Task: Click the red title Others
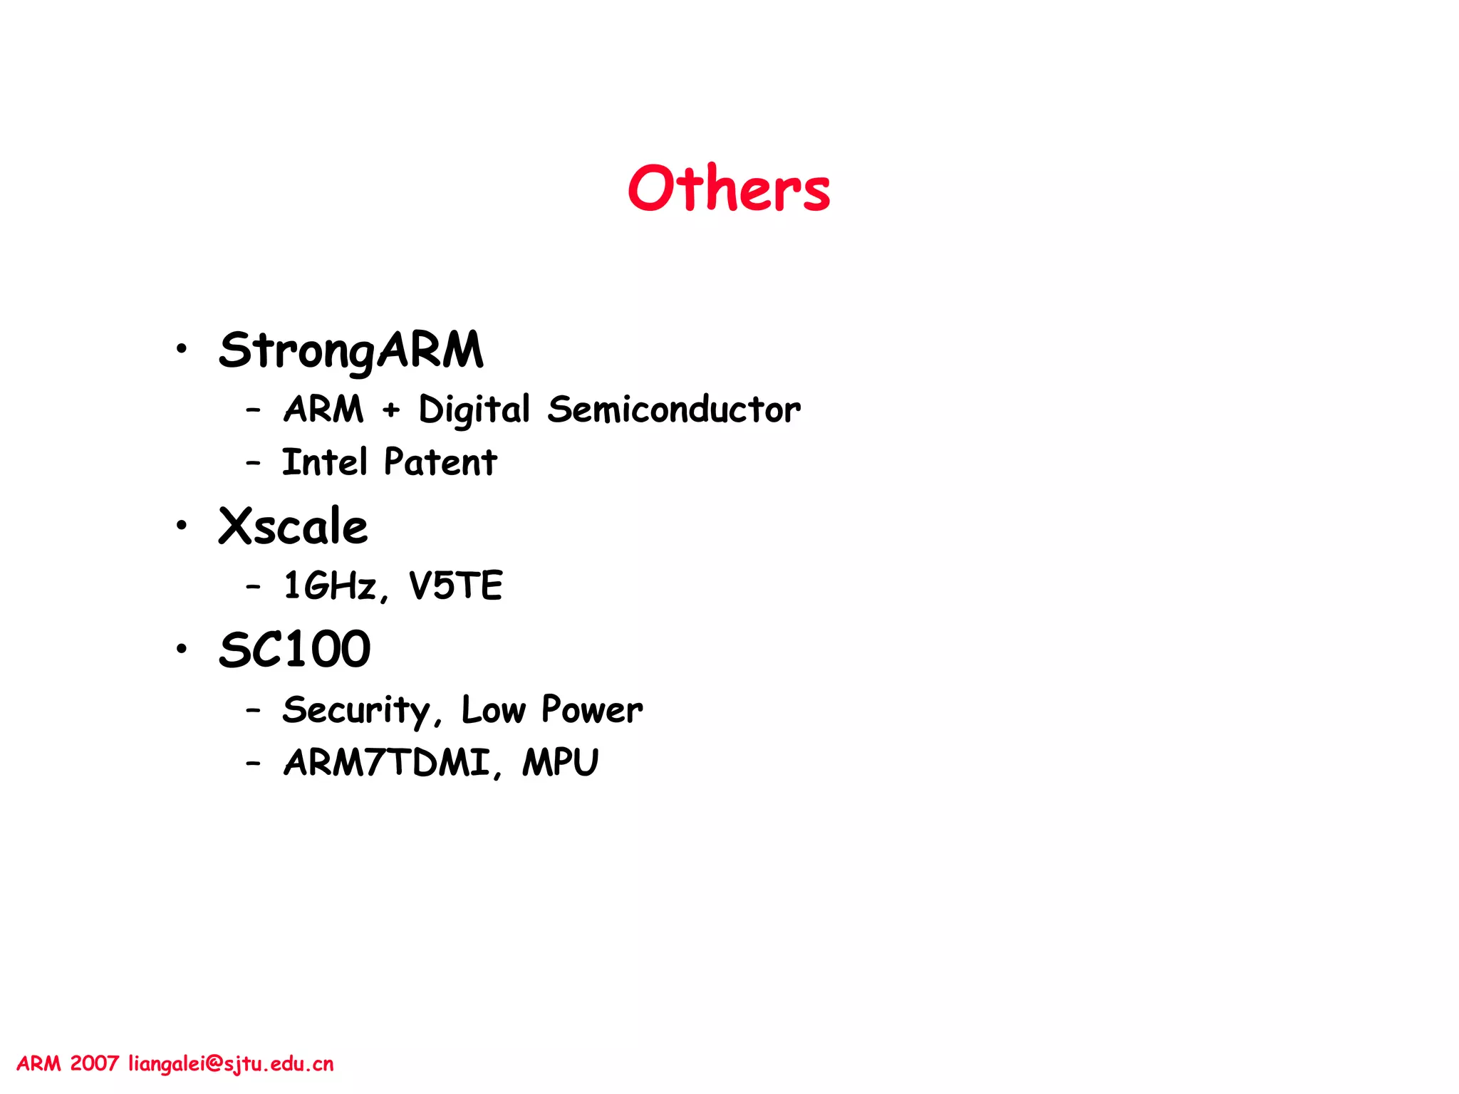coord(729,188)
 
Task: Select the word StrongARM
coord(351,350)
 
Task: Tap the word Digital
coord(474,410)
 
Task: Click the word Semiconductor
coord(674,410)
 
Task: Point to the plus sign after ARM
coord(391,410)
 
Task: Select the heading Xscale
coord(293,526)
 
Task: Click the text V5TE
coord(456,585)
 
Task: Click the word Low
coord(494,709)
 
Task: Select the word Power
coord(592,709)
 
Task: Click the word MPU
coord(561,762)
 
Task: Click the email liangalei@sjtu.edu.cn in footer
coord(231,1064)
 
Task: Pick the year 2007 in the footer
coord(94,1064)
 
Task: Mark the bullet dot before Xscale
coord(182,526)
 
